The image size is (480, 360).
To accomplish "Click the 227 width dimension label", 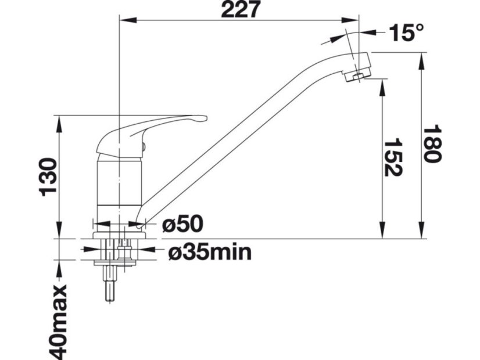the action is tap(241, 9).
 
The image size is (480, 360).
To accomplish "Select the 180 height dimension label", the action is tap(432, 143).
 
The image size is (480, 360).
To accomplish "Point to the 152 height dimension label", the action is tap(393, 157).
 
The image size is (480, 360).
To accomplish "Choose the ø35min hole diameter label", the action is tap(210, 253).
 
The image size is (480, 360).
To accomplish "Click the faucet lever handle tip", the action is tap(203, 118).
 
